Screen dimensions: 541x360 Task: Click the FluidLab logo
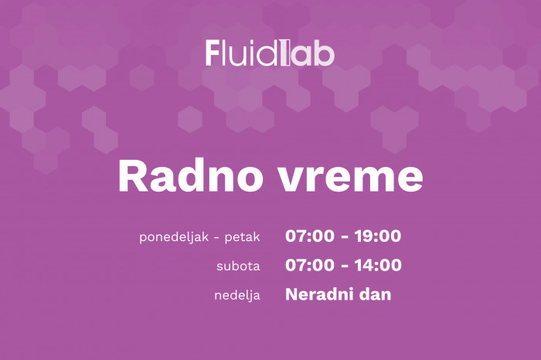270,53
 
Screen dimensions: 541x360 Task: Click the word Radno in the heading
189,177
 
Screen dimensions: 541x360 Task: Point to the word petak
242,237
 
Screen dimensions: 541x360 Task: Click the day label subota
238,267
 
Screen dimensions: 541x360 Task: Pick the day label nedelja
237,296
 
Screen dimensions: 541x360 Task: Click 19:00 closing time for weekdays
378,236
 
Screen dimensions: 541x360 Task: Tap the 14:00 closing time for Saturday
378,265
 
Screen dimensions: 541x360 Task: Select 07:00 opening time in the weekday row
310,236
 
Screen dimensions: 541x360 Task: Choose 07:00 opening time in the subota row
310,265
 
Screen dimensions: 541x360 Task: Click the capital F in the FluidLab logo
213,53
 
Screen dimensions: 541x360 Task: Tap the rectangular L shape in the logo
284,53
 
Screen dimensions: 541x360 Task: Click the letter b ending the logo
326,53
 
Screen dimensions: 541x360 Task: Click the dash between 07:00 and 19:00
345,237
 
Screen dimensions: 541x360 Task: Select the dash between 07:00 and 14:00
345,266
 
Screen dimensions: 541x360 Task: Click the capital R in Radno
130,177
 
